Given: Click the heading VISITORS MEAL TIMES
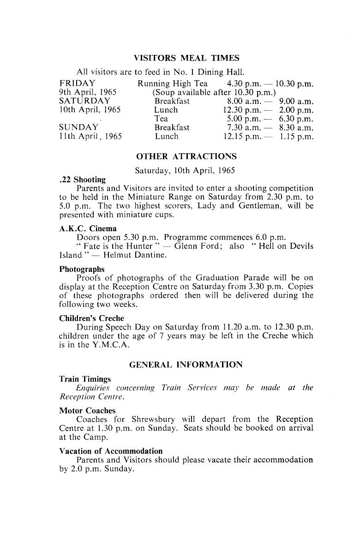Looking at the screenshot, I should point(186,58).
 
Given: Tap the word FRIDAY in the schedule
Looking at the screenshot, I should point(78,84).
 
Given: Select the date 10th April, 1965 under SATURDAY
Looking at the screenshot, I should point(90,110).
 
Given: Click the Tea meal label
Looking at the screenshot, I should point(161,119).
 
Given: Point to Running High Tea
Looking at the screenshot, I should point(172,84).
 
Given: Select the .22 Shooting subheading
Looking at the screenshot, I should point(82,180).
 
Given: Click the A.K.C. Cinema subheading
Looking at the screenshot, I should point(88,228).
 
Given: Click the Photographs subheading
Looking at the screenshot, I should point(82,269).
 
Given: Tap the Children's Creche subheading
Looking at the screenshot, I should point(91,318).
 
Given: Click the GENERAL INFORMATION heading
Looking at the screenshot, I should point(186,365).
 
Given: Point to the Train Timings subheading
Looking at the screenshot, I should point(85,379).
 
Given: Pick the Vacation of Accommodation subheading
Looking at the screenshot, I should point(111,451).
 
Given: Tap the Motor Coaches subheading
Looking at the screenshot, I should point(87,410).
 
